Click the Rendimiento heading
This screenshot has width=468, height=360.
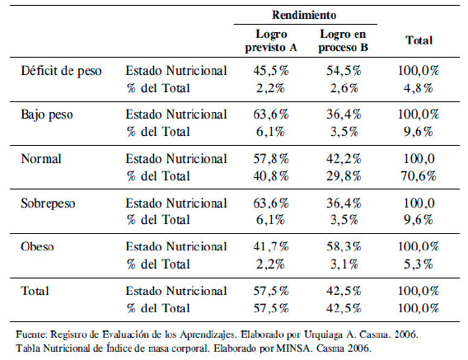coord(304,15)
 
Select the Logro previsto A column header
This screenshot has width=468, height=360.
coord(271,40)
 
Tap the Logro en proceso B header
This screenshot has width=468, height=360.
coord(343,40)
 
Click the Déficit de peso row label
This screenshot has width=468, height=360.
coord(61,71)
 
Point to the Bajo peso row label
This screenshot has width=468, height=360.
coord(47,115)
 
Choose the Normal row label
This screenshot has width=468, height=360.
coord(41,158)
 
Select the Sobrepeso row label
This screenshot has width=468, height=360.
coord(48,203)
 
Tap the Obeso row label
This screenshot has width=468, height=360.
coord(37,246)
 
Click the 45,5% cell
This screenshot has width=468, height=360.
coord(271,71)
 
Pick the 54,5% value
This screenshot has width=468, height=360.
coord(344,71)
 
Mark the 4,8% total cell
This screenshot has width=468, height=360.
coord(419,88)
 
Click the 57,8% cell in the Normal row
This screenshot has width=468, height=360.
coord(271,158)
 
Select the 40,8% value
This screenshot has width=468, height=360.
coord(271,176)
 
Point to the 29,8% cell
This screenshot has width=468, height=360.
coord(344,176)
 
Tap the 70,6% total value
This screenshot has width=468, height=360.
coord(419,176)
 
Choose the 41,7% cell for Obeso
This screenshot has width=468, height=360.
coord(271,246)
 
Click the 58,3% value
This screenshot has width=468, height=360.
coord(344,246)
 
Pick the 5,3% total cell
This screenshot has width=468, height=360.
coord(419,264)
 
